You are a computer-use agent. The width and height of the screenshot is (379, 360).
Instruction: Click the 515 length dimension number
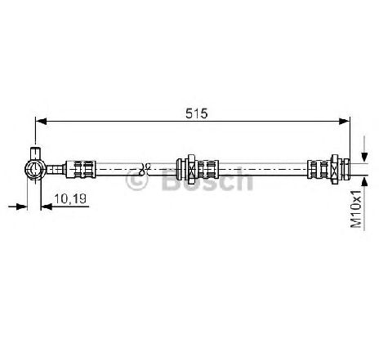click(196, 113)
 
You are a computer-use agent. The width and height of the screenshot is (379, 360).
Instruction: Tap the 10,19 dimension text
click(70, 198)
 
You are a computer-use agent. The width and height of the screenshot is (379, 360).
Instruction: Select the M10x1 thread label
click(356, 209)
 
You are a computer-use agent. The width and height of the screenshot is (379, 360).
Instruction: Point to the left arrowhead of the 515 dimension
click(42, 122)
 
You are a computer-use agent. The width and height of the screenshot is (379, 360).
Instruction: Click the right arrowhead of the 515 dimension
click(344, 122)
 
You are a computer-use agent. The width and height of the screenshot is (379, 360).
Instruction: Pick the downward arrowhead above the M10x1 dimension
click(364, 158)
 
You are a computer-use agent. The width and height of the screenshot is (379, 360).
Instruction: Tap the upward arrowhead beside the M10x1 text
click(364, 181)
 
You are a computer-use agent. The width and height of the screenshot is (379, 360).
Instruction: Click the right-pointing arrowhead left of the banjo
click(22, 207)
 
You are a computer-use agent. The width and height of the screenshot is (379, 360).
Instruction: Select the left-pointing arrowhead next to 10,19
click(47, 207)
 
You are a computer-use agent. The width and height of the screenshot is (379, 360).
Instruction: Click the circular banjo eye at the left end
click(35, 169)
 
